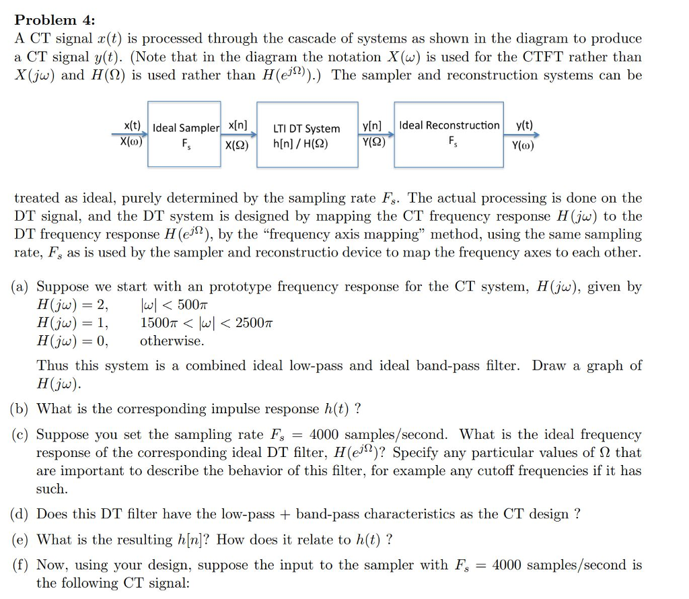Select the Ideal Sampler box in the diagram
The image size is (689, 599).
(x=186, y=134)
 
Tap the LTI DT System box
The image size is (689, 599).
(x=306, y=134)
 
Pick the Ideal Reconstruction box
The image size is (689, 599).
(x=449, y=134)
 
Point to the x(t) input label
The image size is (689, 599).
(x=133, y=126)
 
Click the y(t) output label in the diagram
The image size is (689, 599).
(x=524, y=126)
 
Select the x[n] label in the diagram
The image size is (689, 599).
(x=238, y=126)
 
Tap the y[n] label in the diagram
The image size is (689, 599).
(x=372, y=126)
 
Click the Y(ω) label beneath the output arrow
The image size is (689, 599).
(x=523, y=145)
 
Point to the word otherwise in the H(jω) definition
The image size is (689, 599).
(x=172, y=341)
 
